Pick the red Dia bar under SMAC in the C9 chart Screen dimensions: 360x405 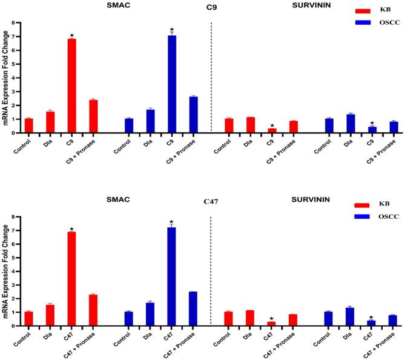[x=50, y=122]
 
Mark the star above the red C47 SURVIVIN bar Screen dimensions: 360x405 [x=271, y=318]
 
